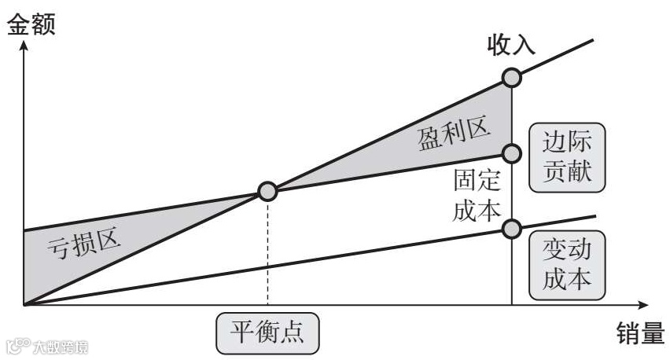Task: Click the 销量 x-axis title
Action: tap(636, 334)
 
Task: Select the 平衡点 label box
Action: tap(268, 333)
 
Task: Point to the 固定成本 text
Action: tap(477, 197)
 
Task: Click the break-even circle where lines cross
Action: tap(268, 191)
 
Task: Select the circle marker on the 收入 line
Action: tap(512, 77)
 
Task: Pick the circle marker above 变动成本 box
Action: tap(512, 228)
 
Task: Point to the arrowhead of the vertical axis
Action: tap(24, 46)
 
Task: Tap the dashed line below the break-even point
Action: tap(268, 252)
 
